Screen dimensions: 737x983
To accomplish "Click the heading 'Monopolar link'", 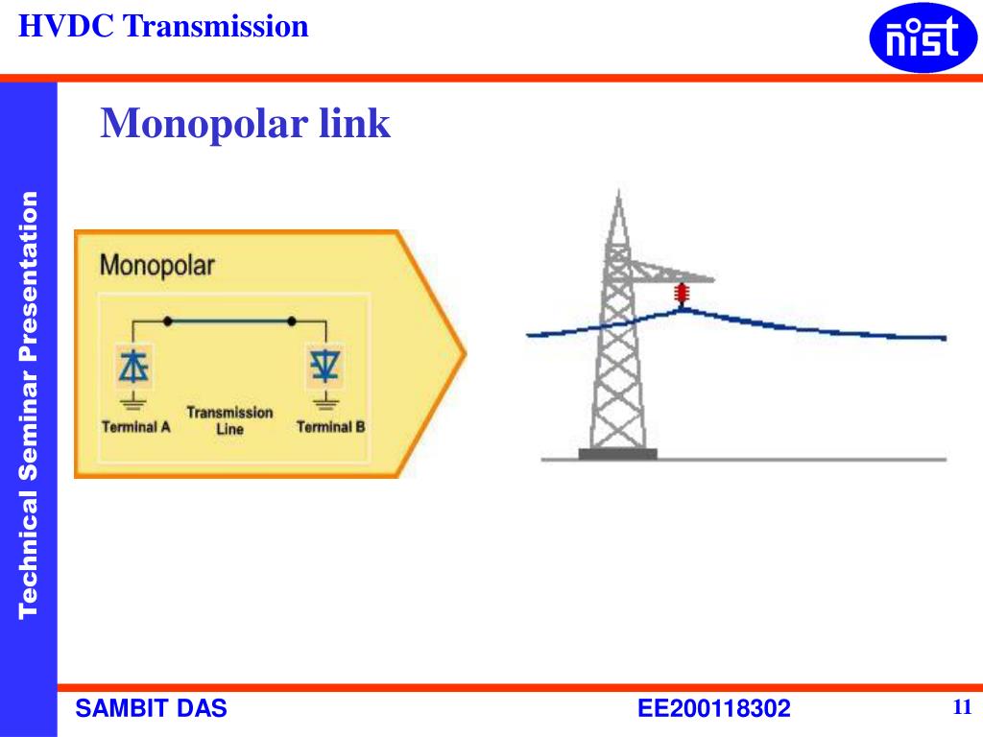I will (246, 124).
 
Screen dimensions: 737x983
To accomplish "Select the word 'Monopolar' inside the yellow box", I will (157, 265).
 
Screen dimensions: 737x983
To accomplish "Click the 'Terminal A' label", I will (136, 427).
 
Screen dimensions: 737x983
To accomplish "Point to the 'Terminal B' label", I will (331, 427).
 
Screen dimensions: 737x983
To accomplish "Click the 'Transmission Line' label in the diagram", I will (229, 420).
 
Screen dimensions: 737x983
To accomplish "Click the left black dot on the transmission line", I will (169, 321).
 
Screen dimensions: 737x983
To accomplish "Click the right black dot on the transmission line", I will (292, 321).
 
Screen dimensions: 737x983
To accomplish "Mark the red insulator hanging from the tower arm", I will (683, 294).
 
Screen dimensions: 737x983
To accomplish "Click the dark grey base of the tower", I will (618, 454).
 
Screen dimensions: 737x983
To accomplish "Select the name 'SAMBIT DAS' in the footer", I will (152, 709).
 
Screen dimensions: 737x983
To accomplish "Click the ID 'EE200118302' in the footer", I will (714, 709).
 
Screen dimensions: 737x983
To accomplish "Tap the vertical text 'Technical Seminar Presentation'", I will (29, 403).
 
